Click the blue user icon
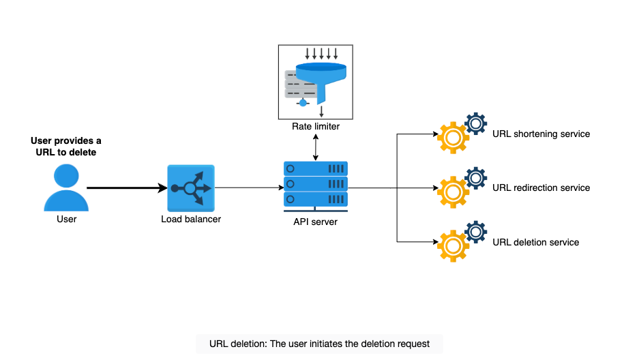(66, 187)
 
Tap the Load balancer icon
(191, 188)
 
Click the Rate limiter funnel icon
(316, 82)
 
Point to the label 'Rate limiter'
(316, 126)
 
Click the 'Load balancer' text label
(191, 219)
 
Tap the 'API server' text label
(316, 222)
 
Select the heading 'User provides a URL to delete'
(66, 147)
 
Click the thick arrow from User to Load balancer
(127, 187)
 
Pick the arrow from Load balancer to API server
(250, 187)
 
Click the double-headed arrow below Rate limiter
(316, 147)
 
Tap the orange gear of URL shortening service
(453, 138)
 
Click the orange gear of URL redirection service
(453, 192)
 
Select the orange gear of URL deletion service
(453, 246)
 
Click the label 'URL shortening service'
(541, 134)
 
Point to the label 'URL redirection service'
(541, 187)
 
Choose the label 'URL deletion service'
(536, 242)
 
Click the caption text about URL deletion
(319, 344)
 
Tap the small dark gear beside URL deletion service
(475, 232)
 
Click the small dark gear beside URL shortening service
(475, 123)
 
